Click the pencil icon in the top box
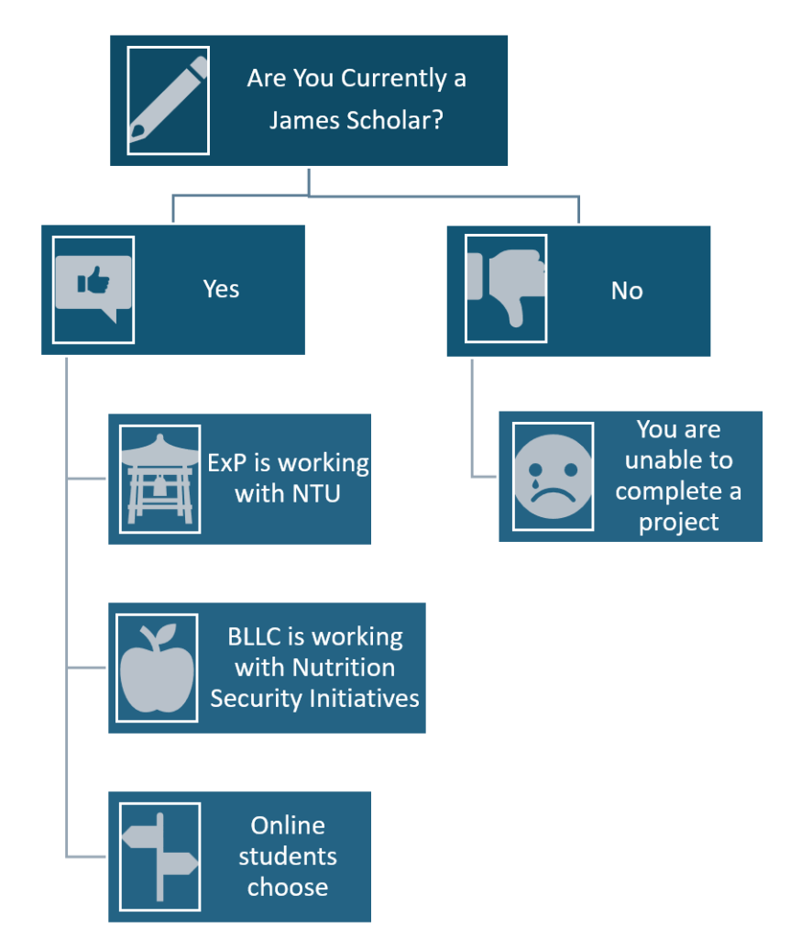click(168, 100)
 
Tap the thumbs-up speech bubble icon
click(93, 288)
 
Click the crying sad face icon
click(553, 476)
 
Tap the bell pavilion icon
click(159, 479)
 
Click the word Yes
click(221, 290)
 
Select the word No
click(627, 292)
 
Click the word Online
click(288, 825)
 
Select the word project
click(678, 522)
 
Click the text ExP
click(228, 463)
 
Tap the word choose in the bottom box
click(288, 887)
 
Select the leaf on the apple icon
click(167, 633)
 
